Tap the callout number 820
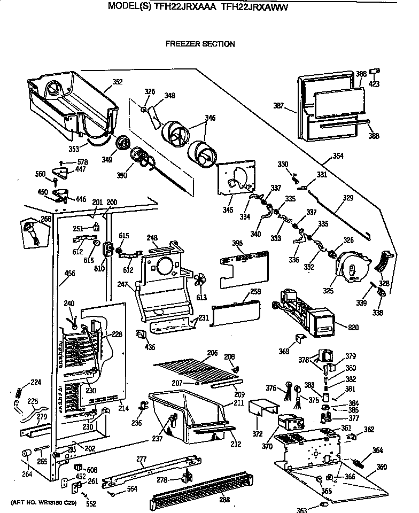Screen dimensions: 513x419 pos(353,327)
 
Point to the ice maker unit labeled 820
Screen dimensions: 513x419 pos(305,313)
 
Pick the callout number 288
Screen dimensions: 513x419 pos(224,500)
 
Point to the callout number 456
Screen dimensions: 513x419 pos(69,274)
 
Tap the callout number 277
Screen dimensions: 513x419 pos(142,459)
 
